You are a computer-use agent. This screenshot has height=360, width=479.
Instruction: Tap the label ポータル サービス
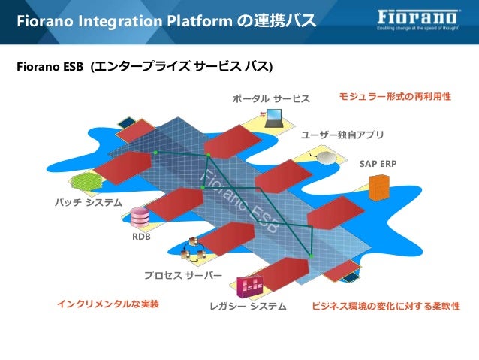[x=271, y=98]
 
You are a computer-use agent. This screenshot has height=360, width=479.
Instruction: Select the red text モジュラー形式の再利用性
[x=395, y=97]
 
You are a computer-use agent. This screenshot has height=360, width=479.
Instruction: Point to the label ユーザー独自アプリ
[x=342, y=135]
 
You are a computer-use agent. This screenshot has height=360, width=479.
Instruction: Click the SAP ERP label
[x=378, y=163]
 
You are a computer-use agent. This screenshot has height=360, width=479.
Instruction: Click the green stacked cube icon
[x=86, y=182]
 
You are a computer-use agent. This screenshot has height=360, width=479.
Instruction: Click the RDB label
[x=141, y=237]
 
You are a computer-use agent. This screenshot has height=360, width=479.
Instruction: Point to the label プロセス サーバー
[x=183, y=275]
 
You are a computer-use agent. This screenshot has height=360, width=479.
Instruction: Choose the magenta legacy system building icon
[x=249, y=286]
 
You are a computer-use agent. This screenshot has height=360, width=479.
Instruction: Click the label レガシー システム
[x=249, y=307]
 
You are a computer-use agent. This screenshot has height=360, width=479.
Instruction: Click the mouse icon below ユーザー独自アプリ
[x=324, y=156]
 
